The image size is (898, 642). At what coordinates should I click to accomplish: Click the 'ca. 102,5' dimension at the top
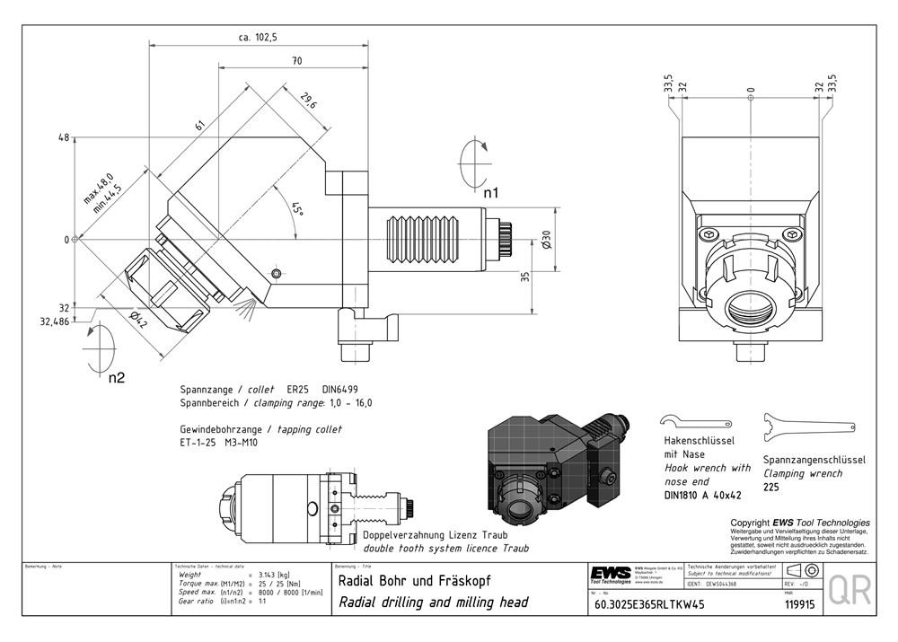pos(258,37)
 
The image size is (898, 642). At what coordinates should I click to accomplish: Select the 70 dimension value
pos(296,61)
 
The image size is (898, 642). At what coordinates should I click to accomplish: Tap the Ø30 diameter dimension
pos(545,240)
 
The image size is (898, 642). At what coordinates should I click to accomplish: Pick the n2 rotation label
pos(116,378)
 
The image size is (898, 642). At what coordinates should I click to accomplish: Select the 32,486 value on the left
pos(54,321)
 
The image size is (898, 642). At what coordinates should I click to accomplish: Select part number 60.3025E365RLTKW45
pos(649,604)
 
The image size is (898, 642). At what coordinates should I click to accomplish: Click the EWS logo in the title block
pos(611,573)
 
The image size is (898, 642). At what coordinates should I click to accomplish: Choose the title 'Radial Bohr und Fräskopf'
pos(415,581)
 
